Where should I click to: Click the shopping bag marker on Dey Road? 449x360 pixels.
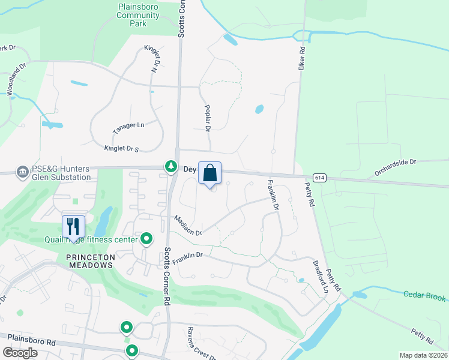point(209,173)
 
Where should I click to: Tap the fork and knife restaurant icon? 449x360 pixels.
point(74,227)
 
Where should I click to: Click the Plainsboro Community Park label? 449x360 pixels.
point(139,14)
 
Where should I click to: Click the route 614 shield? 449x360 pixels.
point(320,178)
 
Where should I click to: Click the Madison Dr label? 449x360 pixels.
point(188,226)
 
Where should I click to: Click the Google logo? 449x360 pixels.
point(20,352)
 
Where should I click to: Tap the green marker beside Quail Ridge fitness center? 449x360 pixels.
point(146,240)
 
